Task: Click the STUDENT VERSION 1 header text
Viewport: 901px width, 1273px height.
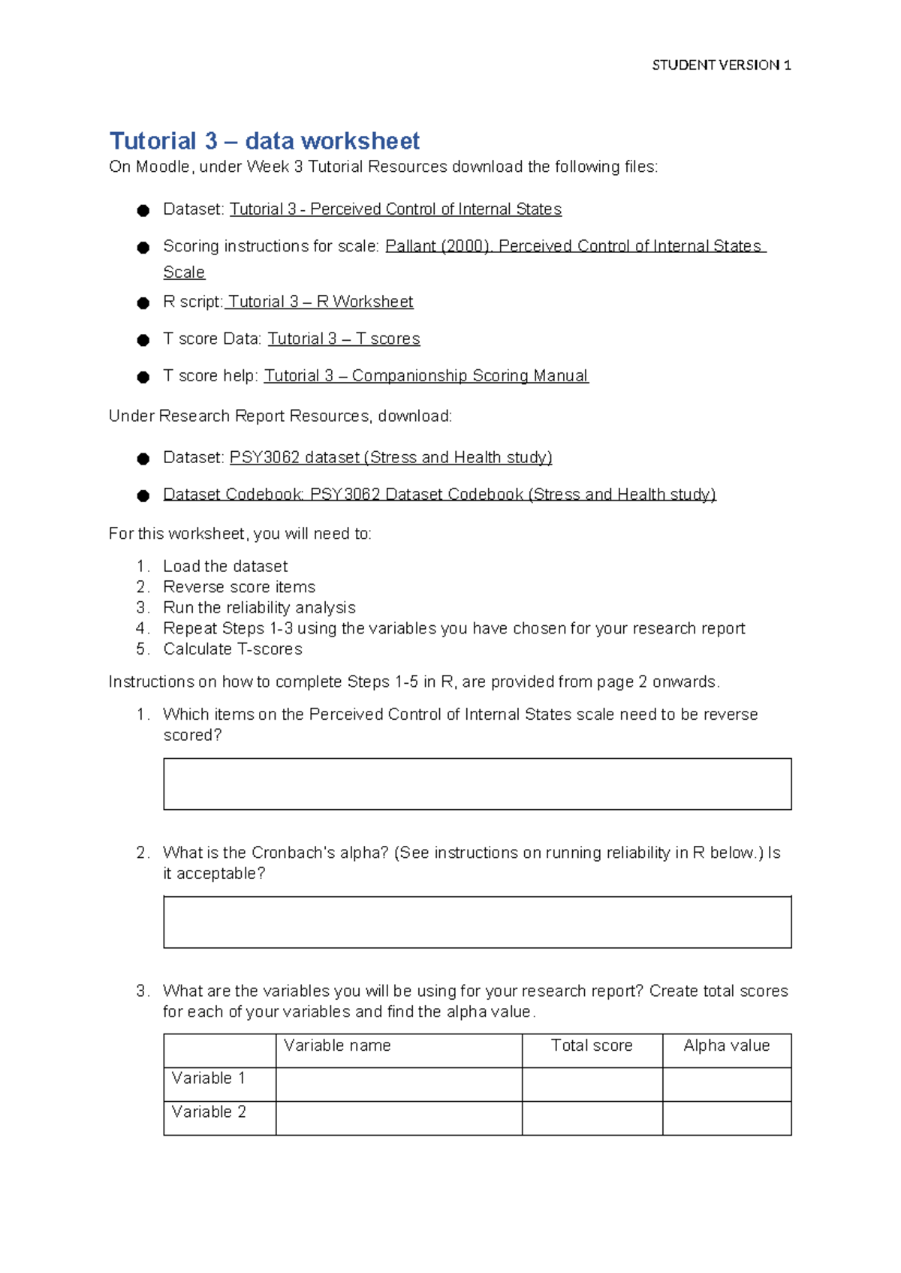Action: coord(721,65)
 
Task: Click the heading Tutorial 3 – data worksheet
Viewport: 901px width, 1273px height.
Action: coord(264,141)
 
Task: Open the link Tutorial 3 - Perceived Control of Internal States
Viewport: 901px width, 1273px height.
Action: coord(395,209)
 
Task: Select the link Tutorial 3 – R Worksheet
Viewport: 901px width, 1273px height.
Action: coord(320,302)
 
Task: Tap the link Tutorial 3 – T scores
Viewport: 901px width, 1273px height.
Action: coord(344,339)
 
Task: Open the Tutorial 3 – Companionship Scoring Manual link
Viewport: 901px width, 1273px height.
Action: coord(426,376)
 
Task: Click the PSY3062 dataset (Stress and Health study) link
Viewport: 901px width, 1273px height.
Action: coord(390,458)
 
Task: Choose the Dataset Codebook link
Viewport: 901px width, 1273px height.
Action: coord(439,495)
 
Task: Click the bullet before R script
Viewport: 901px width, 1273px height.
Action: coord(143,303)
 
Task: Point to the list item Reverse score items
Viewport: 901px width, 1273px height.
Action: coord(239,587)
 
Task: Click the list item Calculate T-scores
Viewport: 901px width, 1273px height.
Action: coord(233,649)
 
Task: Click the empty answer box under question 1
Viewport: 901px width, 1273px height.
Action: coord(477,784)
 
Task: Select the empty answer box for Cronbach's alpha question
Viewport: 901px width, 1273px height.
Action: coord(477,922)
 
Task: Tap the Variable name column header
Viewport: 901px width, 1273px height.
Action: coord(337,1046)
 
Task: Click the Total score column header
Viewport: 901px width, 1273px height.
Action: coord(592,1046)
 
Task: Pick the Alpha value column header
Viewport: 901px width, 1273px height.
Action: coord(726,1046)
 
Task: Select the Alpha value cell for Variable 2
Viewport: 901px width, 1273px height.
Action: coord(726,1118)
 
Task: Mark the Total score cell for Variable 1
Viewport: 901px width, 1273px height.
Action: coord(592,1085)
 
